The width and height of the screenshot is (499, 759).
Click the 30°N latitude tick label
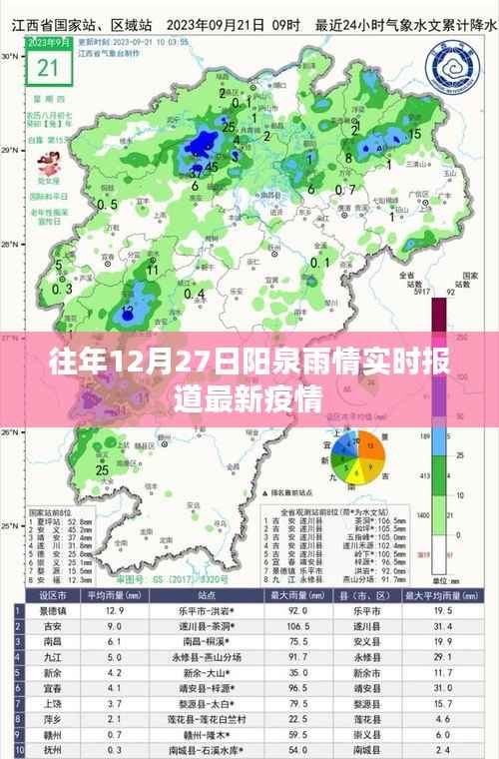[9, 57]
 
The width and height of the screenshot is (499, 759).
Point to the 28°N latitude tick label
[9, 244]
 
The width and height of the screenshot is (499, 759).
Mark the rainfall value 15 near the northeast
[415, 134]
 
